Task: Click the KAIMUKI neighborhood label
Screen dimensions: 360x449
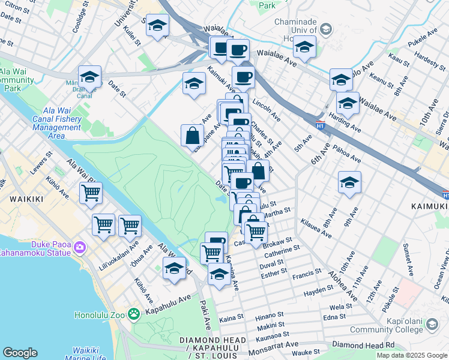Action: (x=429, y=206)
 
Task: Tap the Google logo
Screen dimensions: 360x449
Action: (x=20, y=353)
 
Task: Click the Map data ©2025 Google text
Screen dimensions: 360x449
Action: (x=412, y=355)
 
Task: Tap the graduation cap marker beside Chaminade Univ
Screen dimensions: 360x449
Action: (x=305, y=48)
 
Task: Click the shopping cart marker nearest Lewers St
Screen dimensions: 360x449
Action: (x=91, y=193)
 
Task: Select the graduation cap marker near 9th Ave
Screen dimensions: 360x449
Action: (x=349, y=183)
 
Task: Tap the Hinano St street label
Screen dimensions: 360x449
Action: (x=270, y=315)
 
